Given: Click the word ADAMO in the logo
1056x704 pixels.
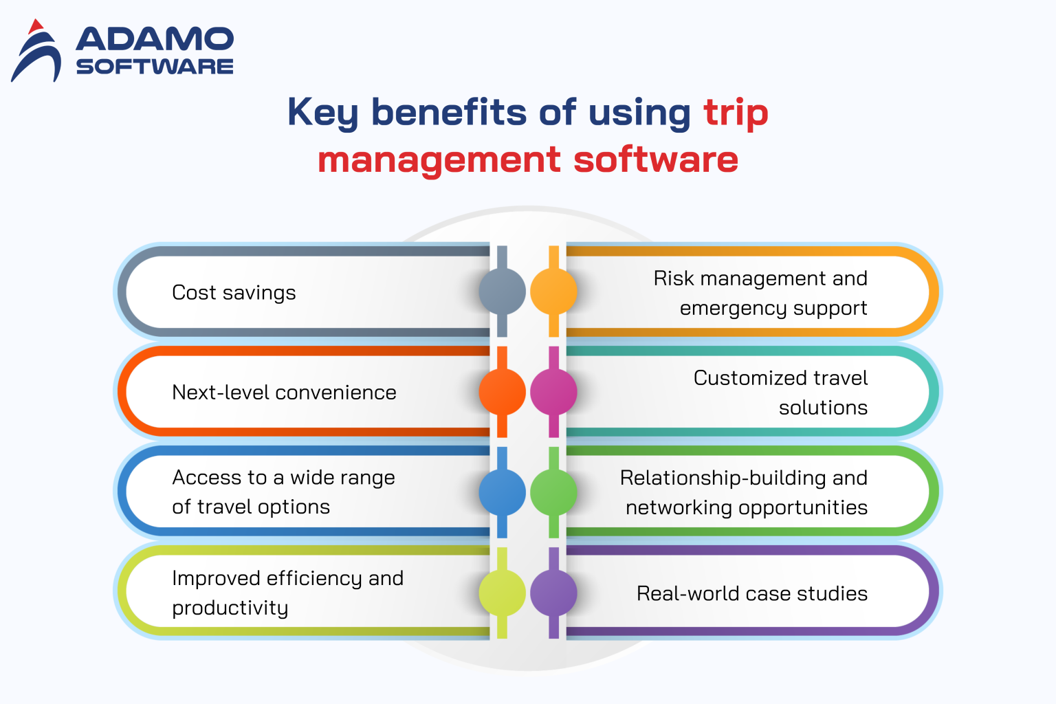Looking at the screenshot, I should (155, 40).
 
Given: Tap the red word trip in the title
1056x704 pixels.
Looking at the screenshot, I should (735, 113).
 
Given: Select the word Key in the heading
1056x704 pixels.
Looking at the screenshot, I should (322, 113).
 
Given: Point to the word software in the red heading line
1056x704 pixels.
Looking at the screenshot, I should (655, 160).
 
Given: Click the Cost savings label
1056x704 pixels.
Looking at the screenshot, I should (234, 293).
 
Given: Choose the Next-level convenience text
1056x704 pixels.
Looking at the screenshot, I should (284, 393).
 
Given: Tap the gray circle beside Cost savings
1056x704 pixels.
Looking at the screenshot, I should (503, 291).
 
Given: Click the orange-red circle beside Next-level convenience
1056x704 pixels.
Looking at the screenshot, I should (503, 392).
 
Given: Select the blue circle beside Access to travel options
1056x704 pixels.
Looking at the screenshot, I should (503, 492).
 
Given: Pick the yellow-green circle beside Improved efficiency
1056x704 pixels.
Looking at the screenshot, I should (503, 593).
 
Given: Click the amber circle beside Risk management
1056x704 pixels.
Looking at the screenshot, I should (553, 291).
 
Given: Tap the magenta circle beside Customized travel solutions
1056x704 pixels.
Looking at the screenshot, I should (553, 392).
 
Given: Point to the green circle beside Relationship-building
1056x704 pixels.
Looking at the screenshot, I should (553, 492).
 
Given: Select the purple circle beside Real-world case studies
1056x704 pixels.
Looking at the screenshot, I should (553, 593).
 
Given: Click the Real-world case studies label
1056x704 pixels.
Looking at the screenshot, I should (751, 593).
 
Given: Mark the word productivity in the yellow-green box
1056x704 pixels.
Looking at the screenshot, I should (230, 608).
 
